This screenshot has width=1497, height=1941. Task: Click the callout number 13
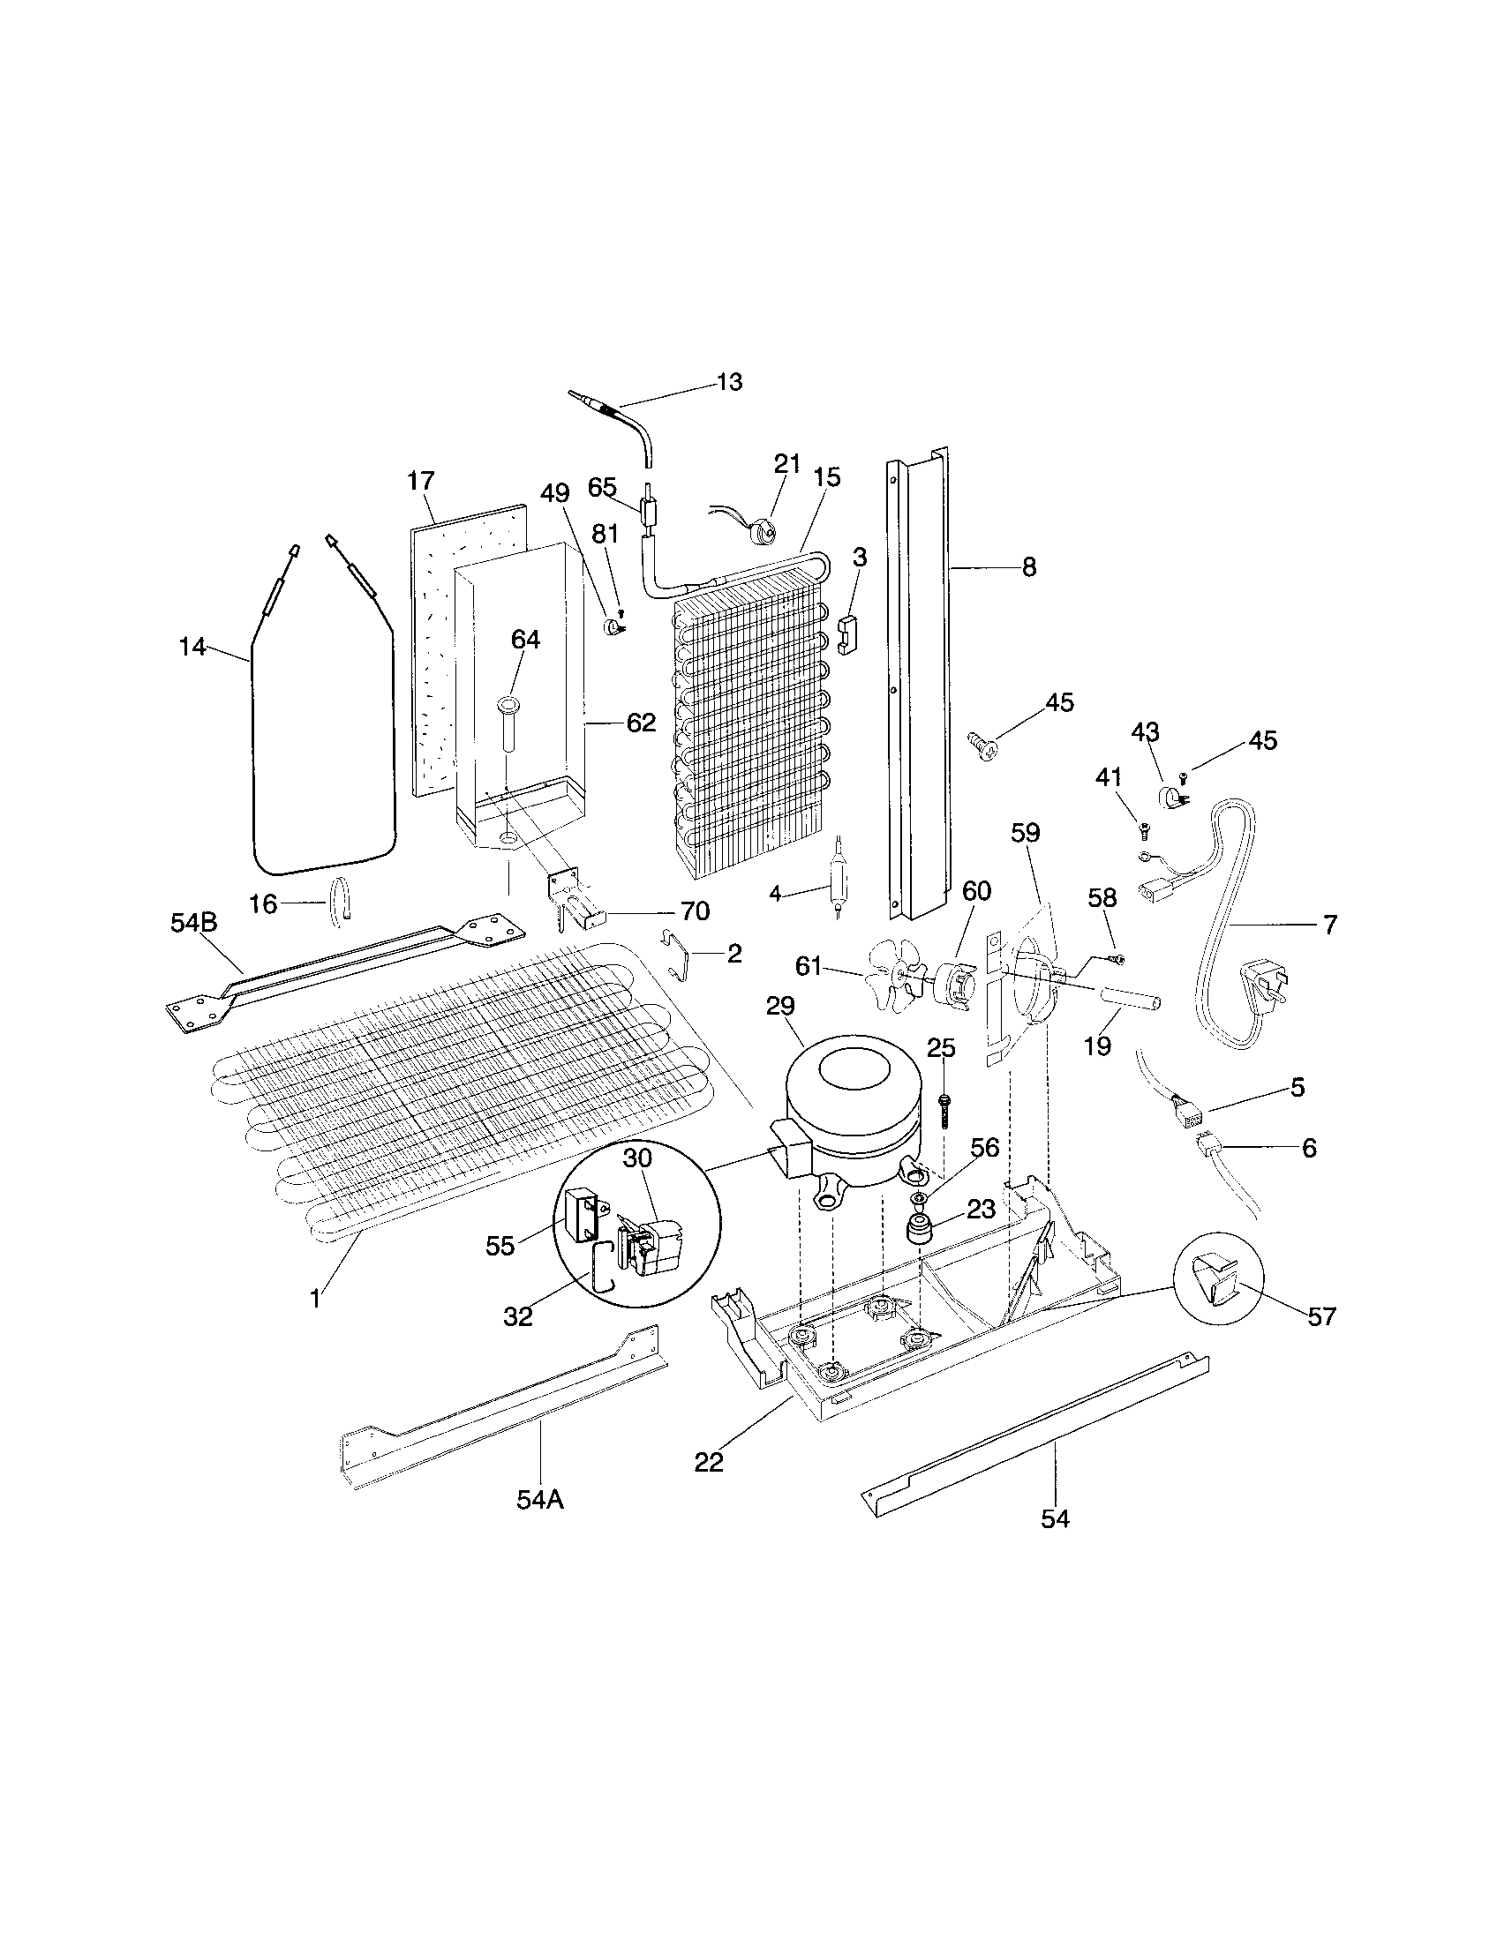pyautogui.click(x=728, y=383)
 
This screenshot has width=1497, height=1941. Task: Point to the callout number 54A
pyautogui.click(x=539, y=1500)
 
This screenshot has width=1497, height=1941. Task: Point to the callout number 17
pyautogui.click(x=420, y=482)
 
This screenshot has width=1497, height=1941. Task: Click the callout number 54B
pyautogui.click(x=193, y=923)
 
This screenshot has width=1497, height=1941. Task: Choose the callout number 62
pyautogui.click(x=640, y=723)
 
